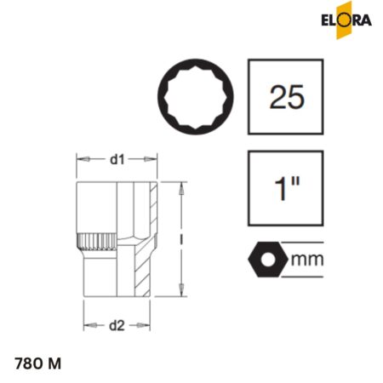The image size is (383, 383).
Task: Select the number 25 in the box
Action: pos(287,98)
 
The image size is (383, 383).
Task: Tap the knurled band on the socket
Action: pos(94,241)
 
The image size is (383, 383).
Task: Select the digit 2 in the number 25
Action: pos(276,98)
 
